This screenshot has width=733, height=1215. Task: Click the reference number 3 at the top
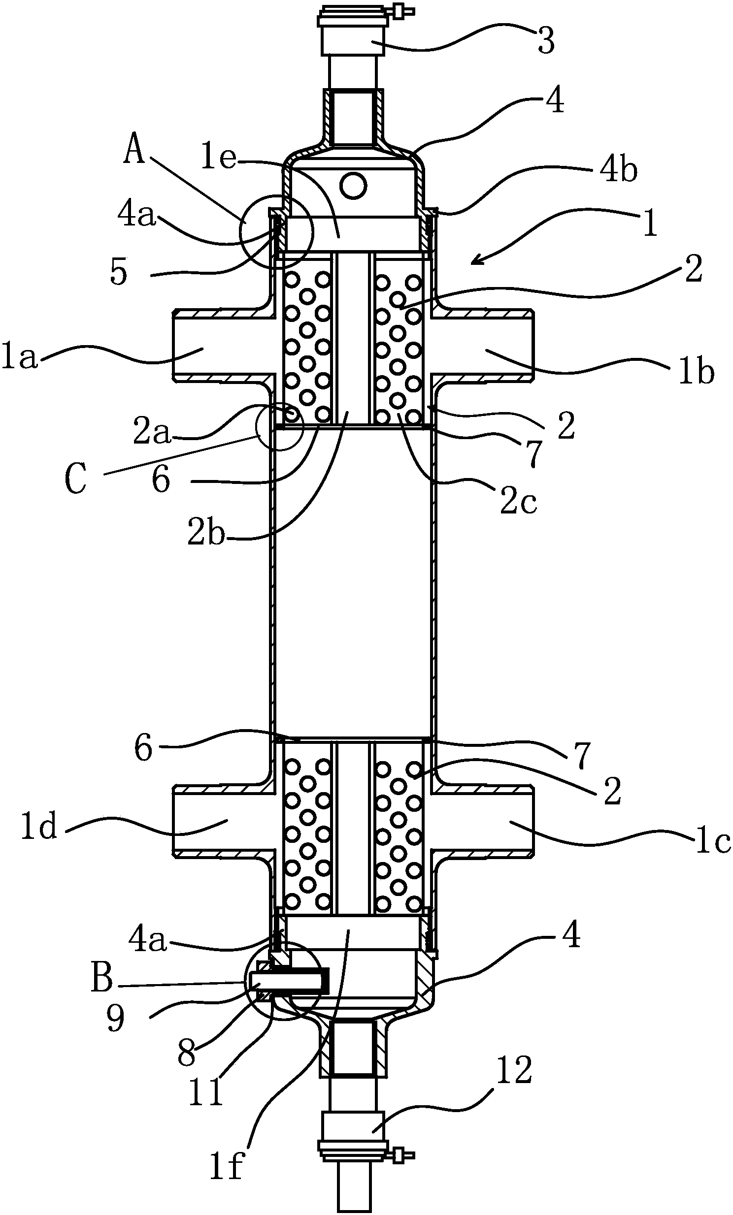coord(546,40)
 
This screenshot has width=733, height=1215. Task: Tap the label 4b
coord(619,170)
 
